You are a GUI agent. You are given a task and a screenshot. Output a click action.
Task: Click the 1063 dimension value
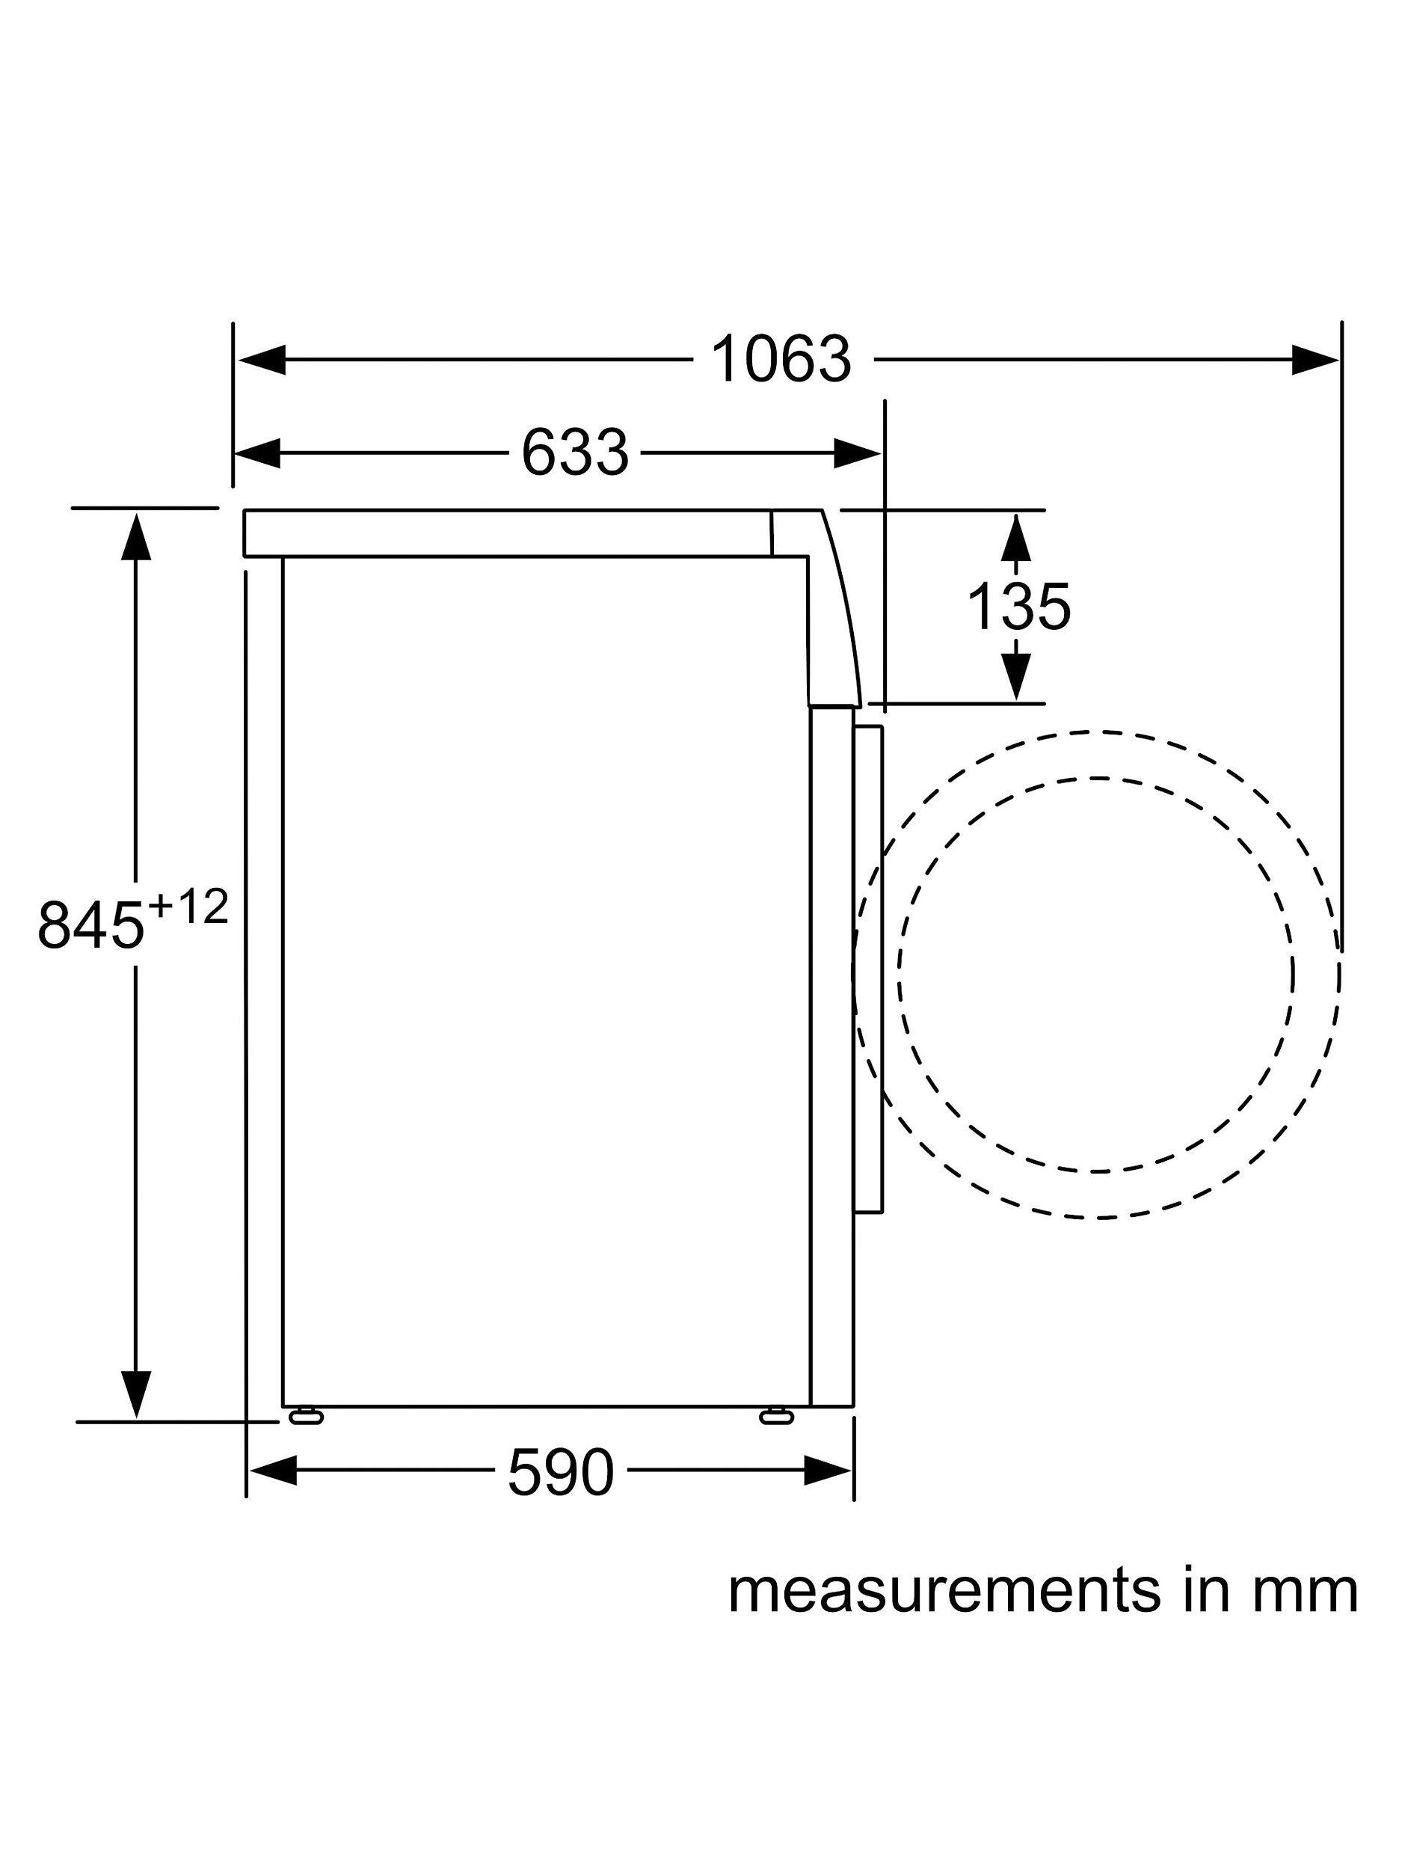coord(781,359)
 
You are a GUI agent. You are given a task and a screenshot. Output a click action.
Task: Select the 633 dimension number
coord(575,453)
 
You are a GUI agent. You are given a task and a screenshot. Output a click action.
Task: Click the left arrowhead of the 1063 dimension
coord(262,360)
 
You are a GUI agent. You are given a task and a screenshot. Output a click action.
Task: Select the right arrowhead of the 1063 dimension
coord(1315,360)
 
